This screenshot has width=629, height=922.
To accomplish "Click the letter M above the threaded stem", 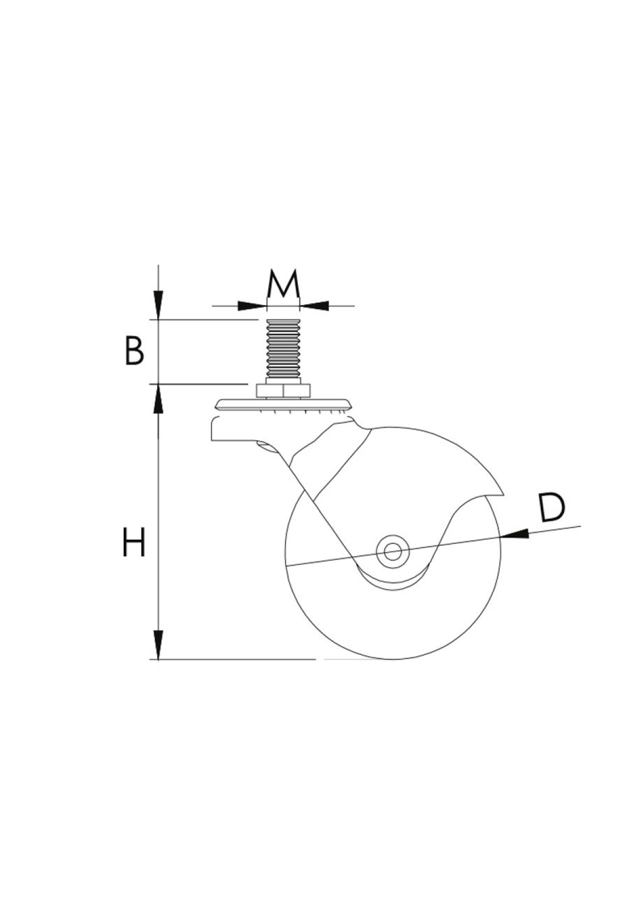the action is pos(283,284).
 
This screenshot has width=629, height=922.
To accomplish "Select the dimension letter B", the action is pos(134,351).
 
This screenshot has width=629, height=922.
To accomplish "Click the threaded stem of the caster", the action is pos(283,352).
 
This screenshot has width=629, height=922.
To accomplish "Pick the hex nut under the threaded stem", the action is pos(283,391).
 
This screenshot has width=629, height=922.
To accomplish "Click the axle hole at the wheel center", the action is pos(392,551).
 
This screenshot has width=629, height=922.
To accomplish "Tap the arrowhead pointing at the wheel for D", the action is pos(514,534).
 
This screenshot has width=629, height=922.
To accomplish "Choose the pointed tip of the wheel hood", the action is pos(503,493).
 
